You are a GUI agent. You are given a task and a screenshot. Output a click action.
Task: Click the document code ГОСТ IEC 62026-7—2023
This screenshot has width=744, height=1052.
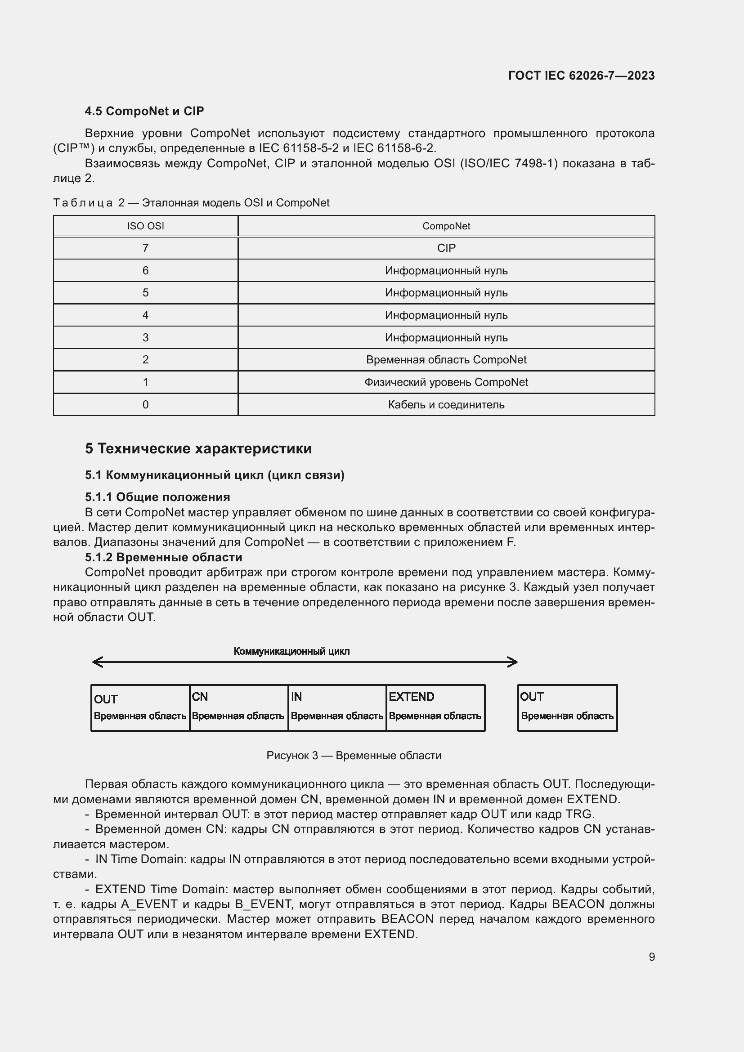[581, 76]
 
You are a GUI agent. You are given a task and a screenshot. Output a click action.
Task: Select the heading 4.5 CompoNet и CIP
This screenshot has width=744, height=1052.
[144, 111]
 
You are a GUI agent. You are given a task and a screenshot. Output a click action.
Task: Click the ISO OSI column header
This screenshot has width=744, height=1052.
[145, 226]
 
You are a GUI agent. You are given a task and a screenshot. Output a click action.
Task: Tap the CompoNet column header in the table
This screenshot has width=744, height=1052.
[446, 226]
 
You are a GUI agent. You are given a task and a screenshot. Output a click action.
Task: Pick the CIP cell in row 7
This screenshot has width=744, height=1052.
[446, 248]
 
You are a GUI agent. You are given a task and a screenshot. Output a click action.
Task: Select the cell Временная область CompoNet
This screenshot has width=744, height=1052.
[446, 360]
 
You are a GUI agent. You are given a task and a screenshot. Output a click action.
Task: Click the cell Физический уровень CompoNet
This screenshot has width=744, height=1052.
[446, 382]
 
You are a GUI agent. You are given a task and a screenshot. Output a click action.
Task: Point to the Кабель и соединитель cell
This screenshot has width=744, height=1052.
[446, 405]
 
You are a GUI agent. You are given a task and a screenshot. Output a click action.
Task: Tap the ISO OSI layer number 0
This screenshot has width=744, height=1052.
[145, 405]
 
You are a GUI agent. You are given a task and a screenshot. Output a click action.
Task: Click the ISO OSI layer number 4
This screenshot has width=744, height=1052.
[145, 315]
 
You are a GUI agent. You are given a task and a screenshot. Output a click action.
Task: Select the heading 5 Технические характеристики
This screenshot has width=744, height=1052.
[198, 448]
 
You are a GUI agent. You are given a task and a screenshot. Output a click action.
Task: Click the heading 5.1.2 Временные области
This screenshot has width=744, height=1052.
[164, 557]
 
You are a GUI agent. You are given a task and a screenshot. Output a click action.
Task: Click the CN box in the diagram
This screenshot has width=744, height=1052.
[238, 707]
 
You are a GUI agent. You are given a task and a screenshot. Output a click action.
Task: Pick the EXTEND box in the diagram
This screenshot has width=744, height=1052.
[435, 707]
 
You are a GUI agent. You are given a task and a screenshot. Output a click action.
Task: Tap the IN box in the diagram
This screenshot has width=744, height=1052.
[337, 707]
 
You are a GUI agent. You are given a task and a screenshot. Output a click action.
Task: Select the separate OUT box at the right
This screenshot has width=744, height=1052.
[567, 707]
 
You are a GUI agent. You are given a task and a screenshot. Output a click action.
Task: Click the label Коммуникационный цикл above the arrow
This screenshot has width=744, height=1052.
[291, 651]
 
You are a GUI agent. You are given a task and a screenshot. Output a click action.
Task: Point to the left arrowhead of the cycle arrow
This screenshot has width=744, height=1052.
[96, 662]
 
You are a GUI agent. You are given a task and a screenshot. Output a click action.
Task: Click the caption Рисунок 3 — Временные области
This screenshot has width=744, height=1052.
[354, 756]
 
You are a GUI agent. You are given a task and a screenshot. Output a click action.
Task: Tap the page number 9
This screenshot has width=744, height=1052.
[651, 957]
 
